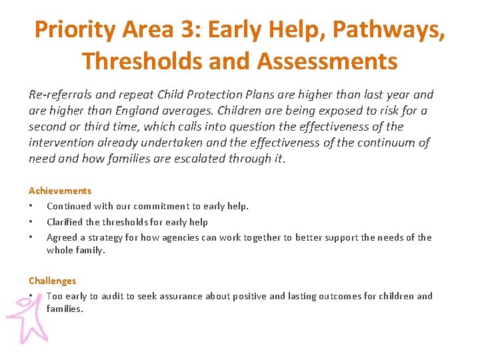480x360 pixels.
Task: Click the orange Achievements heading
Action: click(60, 191)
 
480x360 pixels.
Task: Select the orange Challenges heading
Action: click(52, 281)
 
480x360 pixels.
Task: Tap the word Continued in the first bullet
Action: click(71, 206)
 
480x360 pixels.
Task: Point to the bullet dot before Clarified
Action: click(31, 222)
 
